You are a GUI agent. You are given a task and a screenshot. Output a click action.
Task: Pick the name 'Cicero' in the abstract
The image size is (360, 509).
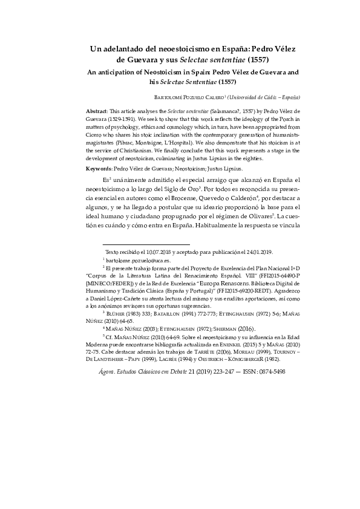(x=95, y=137)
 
